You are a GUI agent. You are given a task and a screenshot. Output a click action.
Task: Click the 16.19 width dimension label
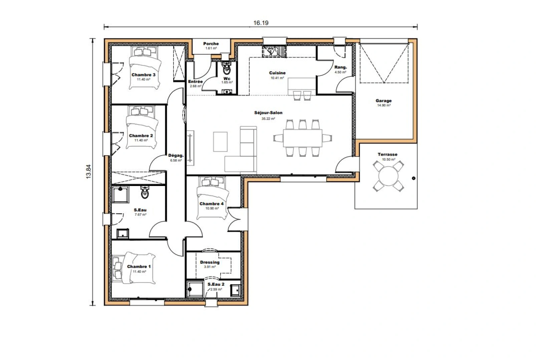pyautogui.click(x=261, y=23)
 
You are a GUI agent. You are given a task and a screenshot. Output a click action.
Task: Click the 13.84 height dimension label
pyautogui.click(x=89, y=172)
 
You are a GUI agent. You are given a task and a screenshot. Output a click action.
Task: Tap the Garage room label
pyautogui.click(x=383, y=101)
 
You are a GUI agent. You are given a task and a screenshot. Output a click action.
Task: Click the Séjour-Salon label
pyautogui.click(x=268, y=113)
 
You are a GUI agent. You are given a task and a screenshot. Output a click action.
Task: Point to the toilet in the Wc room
pyautogui.click(x=227, y=69)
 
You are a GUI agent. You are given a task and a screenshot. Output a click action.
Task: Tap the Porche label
pyautogui.click(x=211, y=44)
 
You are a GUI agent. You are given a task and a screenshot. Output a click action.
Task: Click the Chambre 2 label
pyautogui.click(x=141, y=136)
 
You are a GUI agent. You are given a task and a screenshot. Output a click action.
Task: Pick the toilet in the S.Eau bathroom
pyautogui.click(x=145, y=193)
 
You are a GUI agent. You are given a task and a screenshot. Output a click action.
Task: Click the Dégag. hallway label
pyautogui.click(x=176, y=155)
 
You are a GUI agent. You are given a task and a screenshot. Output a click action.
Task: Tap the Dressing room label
pyautogui.click(x=210, y=262)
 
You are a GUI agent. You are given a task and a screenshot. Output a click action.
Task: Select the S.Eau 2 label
pyautogui.click(x=216, y=284)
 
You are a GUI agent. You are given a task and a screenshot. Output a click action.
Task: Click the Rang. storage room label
pyautogui.click(x=340, y=67)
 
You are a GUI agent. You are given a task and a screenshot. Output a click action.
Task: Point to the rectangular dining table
pyautogui.click(x=302, y=138)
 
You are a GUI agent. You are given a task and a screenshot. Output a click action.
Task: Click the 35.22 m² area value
pyautogui.click(x=268, y=118)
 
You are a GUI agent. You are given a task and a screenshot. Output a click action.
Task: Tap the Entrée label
pyautogui.click(x=195, y=81)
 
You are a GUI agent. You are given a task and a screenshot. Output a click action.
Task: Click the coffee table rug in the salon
pyautogui.click(x=220, y=141)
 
